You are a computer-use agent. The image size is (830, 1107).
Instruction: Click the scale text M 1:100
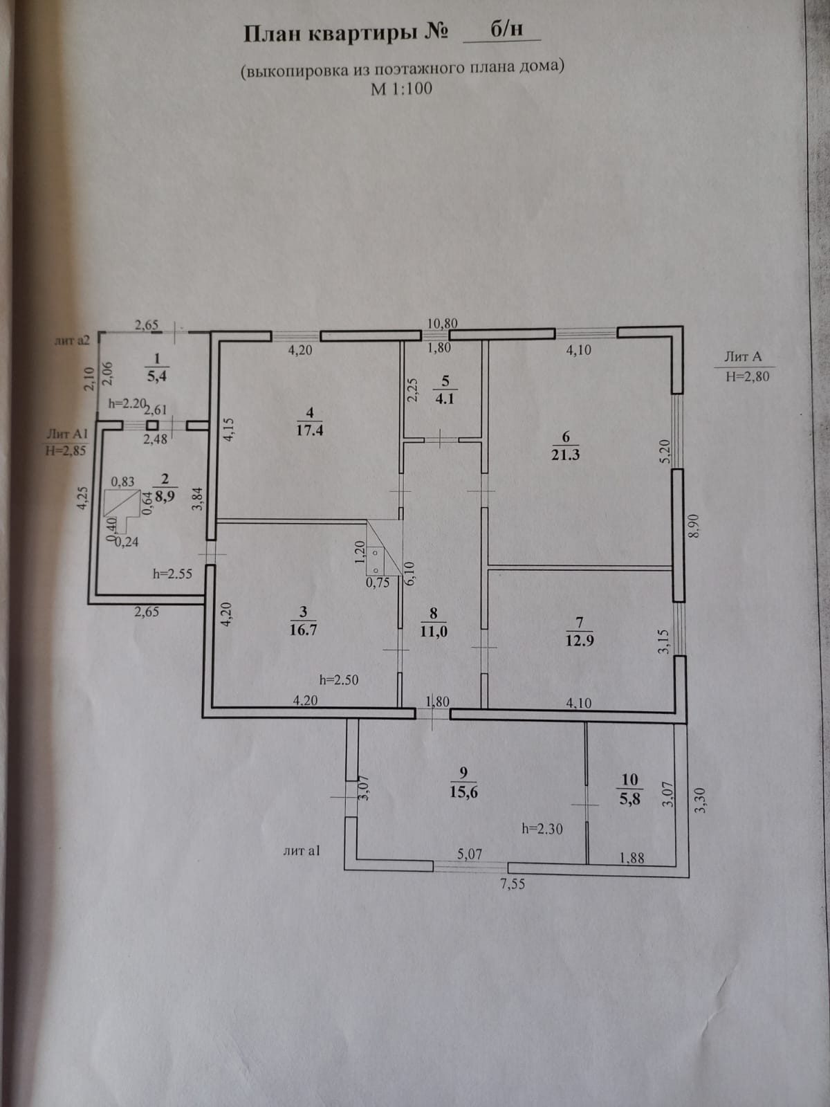click(x=402, y=89)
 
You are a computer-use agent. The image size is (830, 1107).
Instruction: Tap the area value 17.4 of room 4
click(x=309, y=430)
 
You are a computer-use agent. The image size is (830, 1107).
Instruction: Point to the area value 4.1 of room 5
click(x=445, y=399)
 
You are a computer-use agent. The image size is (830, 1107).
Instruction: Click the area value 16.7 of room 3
click(x=304, y=630)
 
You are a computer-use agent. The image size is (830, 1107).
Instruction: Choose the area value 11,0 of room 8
click(x=433, y=631)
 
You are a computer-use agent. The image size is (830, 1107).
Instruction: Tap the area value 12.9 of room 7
click(x=580, y=640)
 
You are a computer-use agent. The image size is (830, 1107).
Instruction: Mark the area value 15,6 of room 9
click(x=463, y=792)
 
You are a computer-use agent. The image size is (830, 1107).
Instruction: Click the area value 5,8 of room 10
click(x=630, y=797)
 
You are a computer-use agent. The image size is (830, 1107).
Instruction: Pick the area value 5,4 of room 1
click(x=156, y=376)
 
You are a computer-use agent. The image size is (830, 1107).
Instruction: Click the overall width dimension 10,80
click(x=443, y=323)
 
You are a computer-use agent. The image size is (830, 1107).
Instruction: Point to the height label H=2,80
click(x=747, y=376)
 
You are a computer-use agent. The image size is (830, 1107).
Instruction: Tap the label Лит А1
click(x=66, y=434)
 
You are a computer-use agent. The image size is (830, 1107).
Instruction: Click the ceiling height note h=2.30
click(x=542, y=828)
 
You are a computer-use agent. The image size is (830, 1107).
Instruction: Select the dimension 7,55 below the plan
click(x=513, y=884)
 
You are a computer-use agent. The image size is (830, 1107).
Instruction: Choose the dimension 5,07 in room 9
click(x=470, y=854)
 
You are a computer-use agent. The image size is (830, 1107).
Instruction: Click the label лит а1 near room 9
click(x=302, y=851)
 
